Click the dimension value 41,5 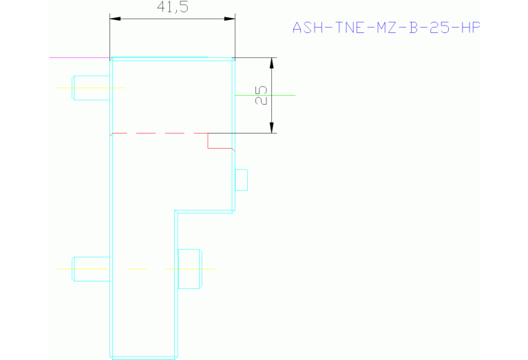point(173,8)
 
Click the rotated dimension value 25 point(261,96)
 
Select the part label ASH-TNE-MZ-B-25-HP point(386,28)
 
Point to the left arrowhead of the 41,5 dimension point(115,19)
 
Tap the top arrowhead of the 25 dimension point(272,63)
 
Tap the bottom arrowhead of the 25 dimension point(272,127)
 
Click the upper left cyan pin point(92,87)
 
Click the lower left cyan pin point(92,268)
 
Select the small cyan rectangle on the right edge point(241,180)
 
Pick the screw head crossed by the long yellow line point(190,268)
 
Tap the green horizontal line point(282,95)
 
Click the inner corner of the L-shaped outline point(176,212)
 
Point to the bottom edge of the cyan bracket point(143,357)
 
